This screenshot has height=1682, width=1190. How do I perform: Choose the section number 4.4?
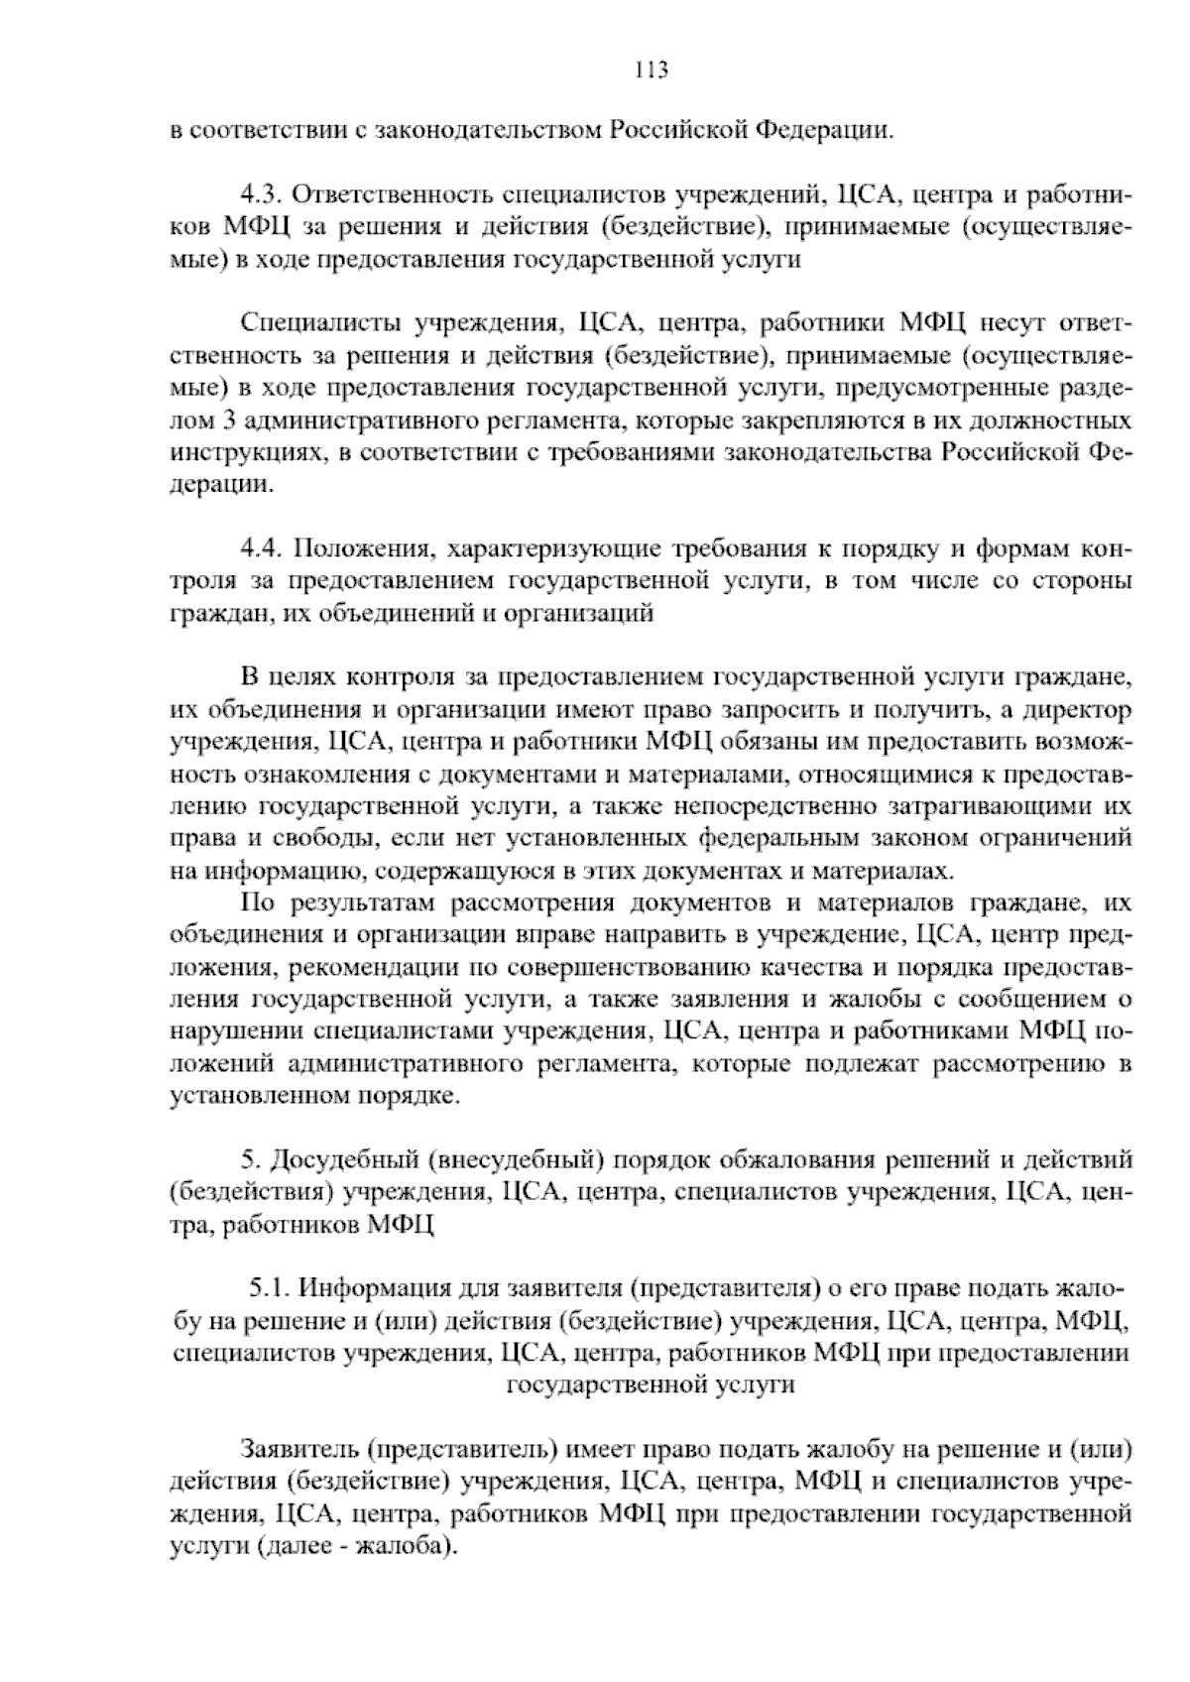point(263,549)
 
